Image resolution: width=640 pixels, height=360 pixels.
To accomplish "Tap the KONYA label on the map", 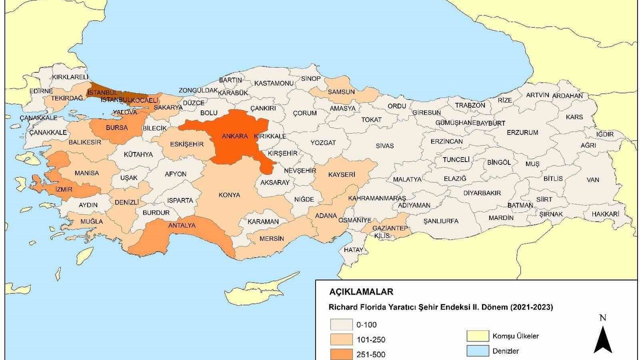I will pyautogui.click(x=229, y=195).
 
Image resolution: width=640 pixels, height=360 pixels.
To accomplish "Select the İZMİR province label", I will pyautogui.click(x=64, y=189).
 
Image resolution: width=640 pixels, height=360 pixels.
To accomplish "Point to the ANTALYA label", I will pyautogui.click(x=181, y=225).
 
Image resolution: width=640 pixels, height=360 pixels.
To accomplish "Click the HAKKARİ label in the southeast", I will pyautogui.click(x=605, y=213).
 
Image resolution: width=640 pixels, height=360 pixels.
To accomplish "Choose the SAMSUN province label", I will pyautogui.click(x=341, y=91).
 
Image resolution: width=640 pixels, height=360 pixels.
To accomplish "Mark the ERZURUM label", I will pyautogui.click(x=522, y=132).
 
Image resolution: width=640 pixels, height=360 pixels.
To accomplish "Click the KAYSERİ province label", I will pyautogui.click(x=341, y=174).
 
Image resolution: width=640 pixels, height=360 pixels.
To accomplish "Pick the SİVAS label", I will pyautogui.click(x=385, y=145).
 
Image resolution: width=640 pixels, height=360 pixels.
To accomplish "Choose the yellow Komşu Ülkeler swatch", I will pyautogui.click(x=477, y=336).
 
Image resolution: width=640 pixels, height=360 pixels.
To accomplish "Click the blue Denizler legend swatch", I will pyautogui.click(x=477, y=351).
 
